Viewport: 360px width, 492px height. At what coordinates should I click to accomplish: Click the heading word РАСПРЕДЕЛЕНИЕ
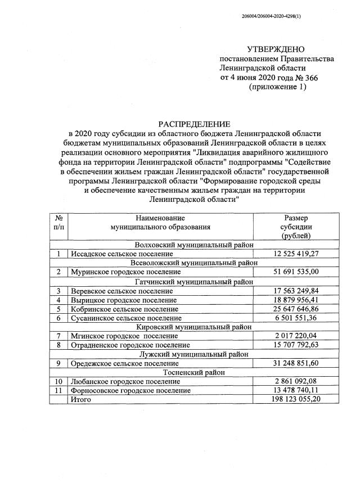coord(194,123)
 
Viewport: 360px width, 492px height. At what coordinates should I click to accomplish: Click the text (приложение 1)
coord(277,87)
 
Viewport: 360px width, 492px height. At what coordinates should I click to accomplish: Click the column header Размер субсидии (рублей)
coord(295,227)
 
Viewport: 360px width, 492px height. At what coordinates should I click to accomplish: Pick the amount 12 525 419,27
coord(295,254)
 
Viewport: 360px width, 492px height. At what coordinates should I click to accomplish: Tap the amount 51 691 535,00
coord(295,272)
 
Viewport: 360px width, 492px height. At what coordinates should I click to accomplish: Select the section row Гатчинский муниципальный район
coord(194,281)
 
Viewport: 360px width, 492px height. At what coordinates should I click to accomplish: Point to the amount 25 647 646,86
coord(295,309)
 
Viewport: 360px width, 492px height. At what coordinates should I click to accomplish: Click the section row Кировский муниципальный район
coord(194,327)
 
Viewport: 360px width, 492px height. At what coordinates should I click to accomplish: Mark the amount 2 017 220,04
coord(295,336)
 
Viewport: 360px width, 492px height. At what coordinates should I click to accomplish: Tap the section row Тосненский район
coord(194,372)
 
